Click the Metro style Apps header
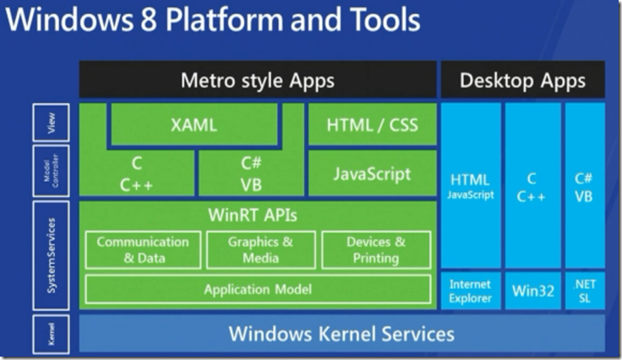click(258, 81)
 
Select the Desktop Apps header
click(522, 81)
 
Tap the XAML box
click(194, 125)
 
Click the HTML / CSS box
click(372, 125)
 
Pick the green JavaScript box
click(372, 174)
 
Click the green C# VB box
click(249, 174)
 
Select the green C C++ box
click(137, 174)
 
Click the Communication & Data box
click(143, 249)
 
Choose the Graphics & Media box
click(260, 249)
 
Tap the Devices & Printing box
click(376, 249)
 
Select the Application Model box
click(258, 289)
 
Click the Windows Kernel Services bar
click(341, 333)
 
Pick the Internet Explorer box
click(470, 291)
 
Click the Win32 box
click(533, 291)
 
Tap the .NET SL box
click(585, 291)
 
